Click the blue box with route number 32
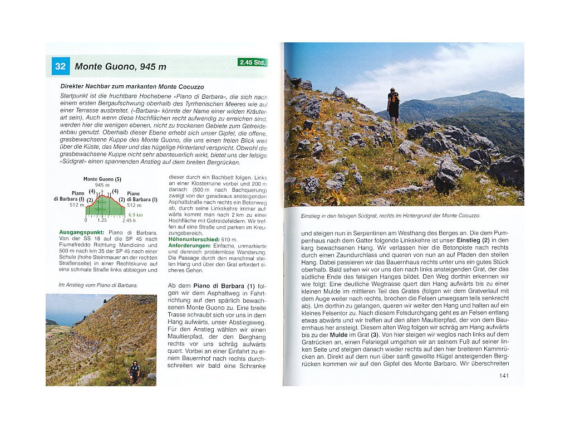click(x=61, y=67)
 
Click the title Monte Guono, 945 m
click(x=120, y=67)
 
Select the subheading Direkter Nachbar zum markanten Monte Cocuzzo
click(x=132, y=87)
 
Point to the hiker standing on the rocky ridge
click(x=394, y=105)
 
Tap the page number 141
click(x=504, y=376)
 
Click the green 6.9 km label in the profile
click(x=136, y=215)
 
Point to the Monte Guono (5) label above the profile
click(x=102, y=179)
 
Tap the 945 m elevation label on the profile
click(x=102, y=185)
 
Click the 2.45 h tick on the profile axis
click(x=129, y=220)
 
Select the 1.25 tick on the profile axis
click(x=102, y=220)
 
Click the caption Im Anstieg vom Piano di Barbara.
click(x=98, y=285)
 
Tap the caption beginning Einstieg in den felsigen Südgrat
click(x=390, y=215)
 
